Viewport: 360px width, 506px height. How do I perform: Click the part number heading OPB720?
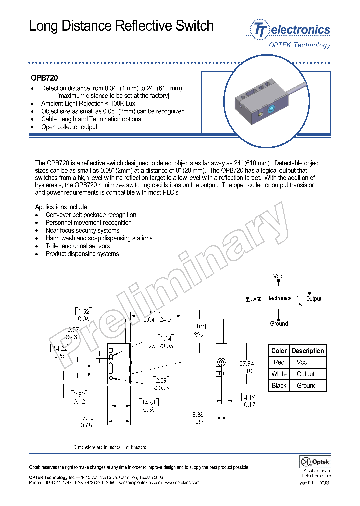tap(44, 78)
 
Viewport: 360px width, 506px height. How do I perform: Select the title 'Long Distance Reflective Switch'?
tap(122, 26)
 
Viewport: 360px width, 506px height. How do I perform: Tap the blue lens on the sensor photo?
tap(271, 108)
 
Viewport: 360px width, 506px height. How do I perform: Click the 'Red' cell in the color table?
tap(279, 362)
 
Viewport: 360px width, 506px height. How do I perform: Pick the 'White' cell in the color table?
tap(279, 374)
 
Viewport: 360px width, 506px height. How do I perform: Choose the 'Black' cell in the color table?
tap(279, 385)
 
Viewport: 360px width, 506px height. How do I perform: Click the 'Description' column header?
tap(308, 351)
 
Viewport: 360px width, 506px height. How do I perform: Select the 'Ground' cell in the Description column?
tap(307, 385)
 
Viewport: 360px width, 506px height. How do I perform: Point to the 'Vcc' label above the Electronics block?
tap(278, 276)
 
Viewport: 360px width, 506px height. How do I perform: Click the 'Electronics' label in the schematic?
tap(278, 298)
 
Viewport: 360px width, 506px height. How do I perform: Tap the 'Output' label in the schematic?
tap(313, 299)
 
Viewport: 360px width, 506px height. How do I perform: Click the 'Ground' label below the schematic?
tap(279, 324)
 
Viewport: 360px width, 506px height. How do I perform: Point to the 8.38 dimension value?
tap(197, 414)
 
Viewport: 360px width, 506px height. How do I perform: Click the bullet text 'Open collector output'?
tap(69, 127)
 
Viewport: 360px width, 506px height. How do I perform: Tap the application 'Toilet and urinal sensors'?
tap(78, 246)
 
